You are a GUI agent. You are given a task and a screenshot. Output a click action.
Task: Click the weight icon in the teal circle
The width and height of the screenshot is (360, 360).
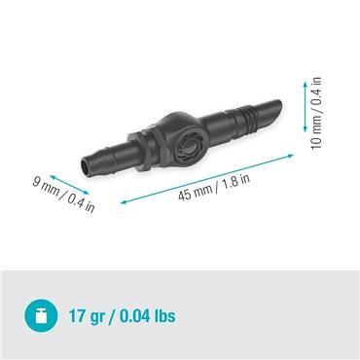click(41, 316)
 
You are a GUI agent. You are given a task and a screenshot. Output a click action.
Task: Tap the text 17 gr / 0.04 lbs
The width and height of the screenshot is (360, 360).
click(122, 317)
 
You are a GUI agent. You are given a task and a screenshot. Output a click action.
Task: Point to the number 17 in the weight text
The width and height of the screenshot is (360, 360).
click(78, 317)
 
